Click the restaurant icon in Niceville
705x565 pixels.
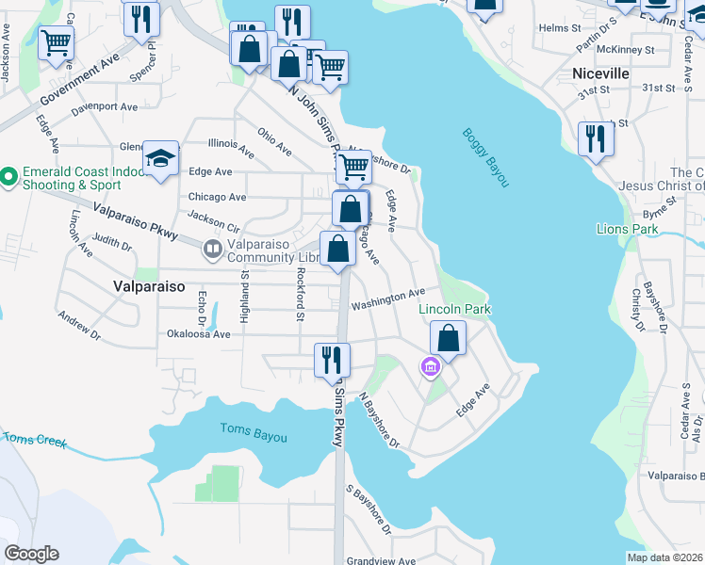click(x=596, y=138)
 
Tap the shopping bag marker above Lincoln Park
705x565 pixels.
click(x=449, y=337)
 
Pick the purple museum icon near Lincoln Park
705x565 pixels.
click(x=431, y=367)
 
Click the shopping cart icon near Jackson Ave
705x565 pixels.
click(x=56, y=41)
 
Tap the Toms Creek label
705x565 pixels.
click(x=35, y=439)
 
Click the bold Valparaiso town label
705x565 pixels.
click(x=147, y=284)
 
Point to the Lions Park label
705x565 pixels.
click(x=627, y=229)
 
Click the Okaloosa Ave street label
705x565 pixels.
click(x=198, y=333)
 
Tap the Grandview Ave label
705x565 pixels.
click(x=381, y=560)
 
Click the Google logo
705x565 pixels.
click(x=31, y=554)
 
